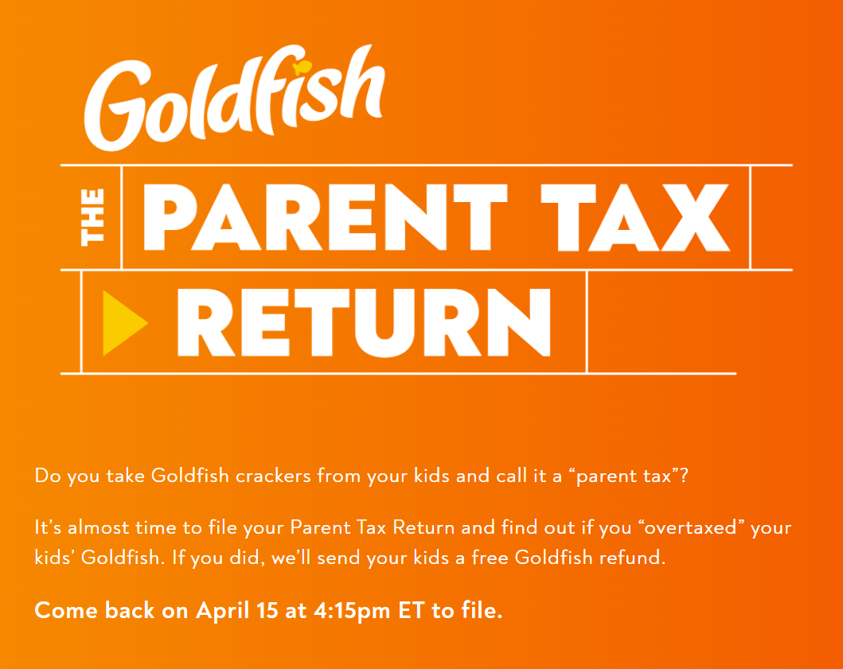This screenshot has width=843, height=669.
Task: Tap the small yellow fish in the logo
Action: (302, 68)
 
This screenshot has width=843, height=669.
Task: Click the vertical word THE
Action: (92, 217)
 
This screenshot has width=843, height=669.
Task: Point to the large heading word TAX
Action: (635, 217)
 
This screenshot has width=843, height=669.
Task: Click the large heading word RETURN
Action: (364, 322)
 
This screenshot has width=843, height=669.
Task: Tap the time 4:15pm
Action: (352, 612)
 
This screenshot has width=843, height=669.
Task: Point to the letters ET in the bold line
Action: (412, 611)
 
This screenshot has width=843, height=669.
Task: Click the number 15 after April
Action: (267, 611)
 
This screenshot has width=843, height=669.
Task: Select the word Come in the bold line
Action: (67, 611)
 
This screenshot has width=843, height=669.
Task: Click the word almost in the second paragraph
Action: (99, 527)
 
